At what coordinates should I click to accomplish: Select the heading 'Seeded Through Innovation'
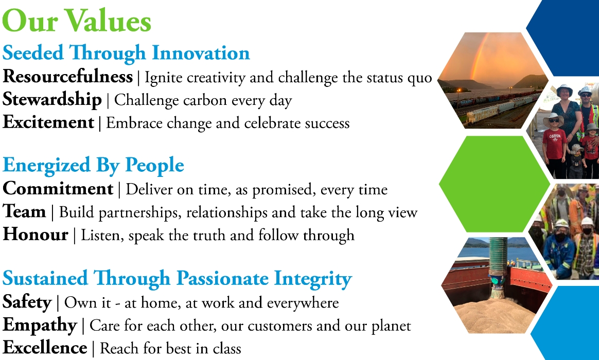(x=126, y=53)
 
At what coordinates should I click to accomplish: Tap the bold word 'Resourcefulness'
(x=68, y=77)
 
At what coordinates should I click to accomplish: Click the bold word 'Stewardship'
(x=52, y=100)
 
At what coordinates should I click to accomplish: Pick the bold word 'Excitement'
(x=48, y=122)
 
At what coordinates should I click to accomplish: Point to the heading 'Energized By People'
(x=93, y=166)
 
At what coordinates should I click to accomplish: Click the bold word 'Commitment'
(x=58, y=189)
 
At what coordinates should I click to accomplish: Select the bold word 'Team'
(x=24, y=211)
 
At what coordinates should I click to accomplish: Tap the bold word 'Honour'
(x=36, y=235)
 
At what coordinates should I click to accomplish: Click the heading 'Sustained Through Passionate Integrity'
(x=177, y=279)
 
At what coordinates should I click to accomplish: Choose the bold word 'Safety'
(x=27, y=302)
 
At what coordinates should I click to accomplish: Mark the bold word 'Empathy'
(x=40, y=325)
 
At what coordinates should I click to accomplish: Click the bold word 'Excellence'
(x=45, y=348)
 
